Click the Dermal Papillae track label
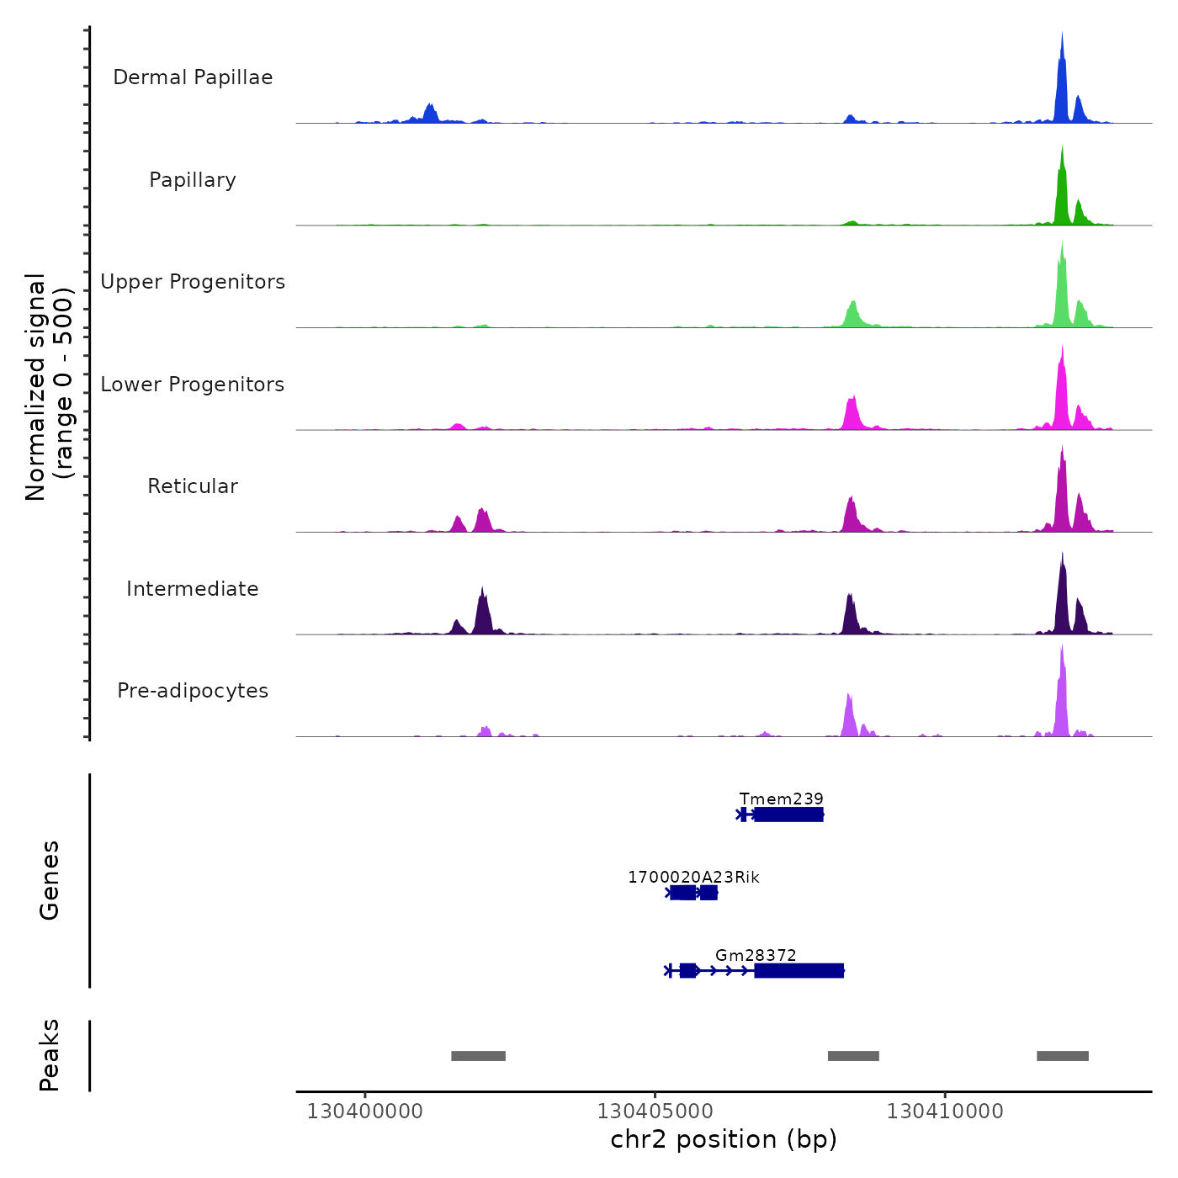193,77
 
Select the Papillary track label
193,180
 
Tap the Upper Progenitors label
193,282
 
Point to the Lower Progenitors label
193,385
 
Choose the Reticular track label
193,486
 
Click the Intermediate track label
193,589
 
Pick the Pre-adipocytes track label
193,691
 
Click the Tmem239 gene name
781,799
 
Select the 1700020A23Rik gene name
693,877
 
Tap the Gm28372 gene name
756,955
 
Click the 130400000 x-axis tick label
364,1112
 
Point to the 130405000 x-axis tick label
655,1112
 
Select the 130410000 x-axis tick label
945,1112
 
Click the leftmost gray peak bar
478,1056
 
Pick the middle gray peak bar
853,1056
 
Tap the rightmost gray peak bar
1062,1056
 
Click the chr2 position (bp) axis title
724,1139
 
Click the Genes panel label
50,880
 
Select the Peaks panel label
50,1055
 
